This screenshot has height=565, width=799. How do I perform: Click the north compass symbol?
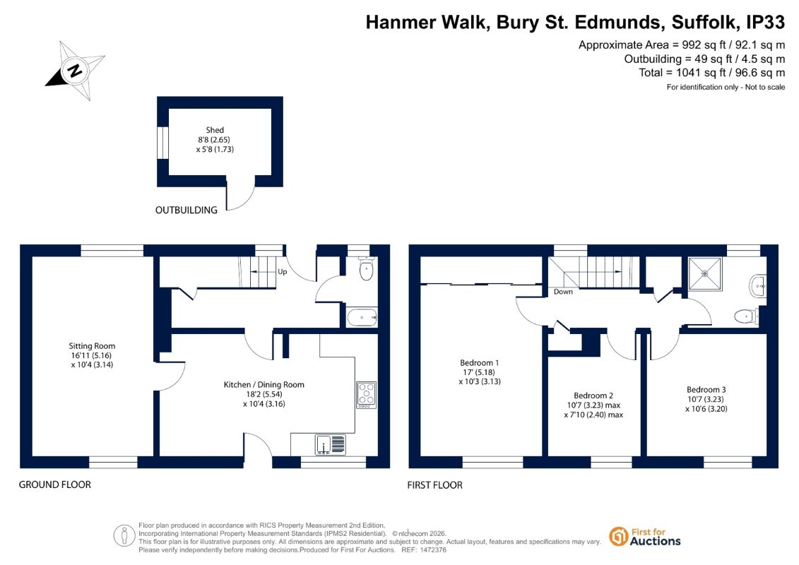[x=76, y=71]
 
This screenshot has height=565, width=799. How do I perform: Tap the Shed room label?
[x=215, y=140]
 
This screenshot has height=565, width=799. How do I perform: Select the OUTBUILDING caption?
[x=186, y=210]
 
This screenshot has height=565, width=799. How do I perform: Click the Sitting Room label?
[x=93, y=355]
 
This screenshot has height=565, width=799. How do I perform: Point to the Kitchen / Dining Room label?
[x=264, y=394]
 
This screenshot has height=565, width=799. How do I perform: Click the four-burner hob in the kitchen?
[x=367, y=395]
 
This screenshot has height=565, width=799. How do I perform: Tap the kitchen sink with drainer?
[x=330, y=444]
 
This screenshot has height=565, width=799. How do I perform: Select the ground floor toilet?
[x=367, y=268]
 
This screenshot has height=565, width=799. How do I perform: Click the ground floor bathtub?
[x=362, y=317]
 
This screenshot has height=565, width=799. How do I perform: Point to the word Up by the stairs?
[x=283, y=272]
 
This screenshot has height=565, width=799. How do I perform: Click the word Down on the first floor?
[x=563, y=292]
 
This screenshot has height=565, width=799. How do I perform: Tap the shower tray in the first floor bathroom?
[x=705, y=274]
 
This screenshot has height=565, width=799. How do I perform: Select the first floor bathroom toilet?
[x=747, y=316]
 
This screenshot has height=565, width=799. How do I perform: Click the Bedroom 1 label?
[x=480, y=372]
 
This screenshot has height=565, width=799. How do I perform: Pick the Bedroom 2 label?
[x=593, y=405]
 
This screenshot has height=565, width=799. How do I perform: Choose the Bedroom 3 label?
[x=706, y=399]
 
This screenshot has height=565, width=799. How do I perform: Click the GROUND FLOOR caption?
[x=55, y=485]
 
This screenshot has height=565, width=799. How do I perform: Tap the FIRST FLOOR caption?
[x=434, y=485]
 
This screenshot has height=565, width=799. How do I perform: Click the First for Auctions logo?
[x=645, y=537]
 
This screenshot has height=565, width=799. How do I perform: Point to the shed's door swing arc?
[x=246, y=201]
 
